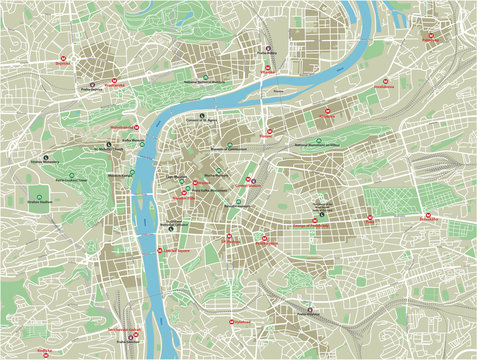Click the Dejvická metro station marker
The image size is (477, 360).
pos(63,58)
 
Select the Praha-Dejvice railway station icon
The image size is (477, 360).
pos(92,84)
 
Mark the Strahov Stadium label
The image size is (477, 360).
pos(41,205)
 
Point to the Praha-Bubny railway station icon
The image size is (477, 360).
pos(266,49)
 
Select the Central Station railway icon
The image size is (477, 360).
pos(252,182)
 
